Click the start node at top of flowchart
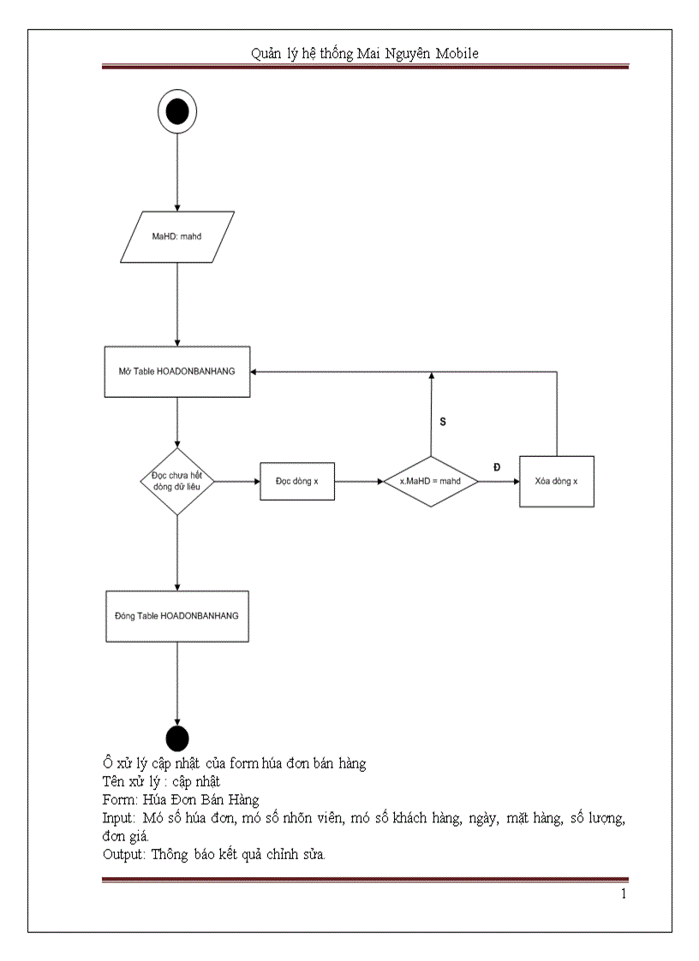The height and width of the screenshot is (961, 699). pyautogui.click(x=177, y=111)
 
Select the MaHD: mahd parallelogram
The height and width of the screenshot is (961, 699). pyautogui.click(x=177, y=236)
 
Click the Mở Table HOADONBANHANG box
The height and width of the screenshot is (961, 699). pyautogui.click(x=177, y=371)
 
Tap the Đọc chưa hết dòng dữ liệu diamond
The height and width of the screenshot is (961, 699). pyautogui.click(x=177, y=481)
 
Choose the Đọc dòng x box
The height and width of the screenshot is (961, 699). pyautogui.click(x=296, y=481)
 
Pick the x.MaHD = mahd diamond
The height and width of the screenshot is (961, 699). pyautogui.click(x=430, y=481)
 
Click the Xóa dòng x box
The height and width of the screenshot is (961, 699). pyautogui.click(x=556, y=481)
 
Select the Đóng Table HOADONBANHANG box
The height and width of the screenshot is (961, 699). pyautogui.click(x=177, y=615)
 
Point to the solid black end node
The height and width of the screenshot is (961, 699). pyautogui.click(x=177, y=738)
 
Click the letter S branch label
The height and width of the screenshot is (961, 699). pyautogui.click(x=443, y=422)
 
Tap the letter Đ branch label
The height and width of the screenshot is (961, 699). pyautogui.click(x=497, y=466)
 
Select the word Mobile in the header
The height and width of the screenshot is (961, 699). pyautogui.click(x=457, y=53)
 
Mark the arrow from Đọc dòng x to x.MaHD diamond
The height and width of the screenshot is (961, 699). pyautogui.click(x=358, y=481)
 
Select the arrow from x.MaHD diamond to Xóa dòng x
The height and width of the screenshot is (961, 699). pyautogui.click(x=499, y=481)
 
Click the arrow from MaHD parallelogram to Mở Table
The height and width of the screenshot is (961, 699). pyautogui.click(x=177, y=304)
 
